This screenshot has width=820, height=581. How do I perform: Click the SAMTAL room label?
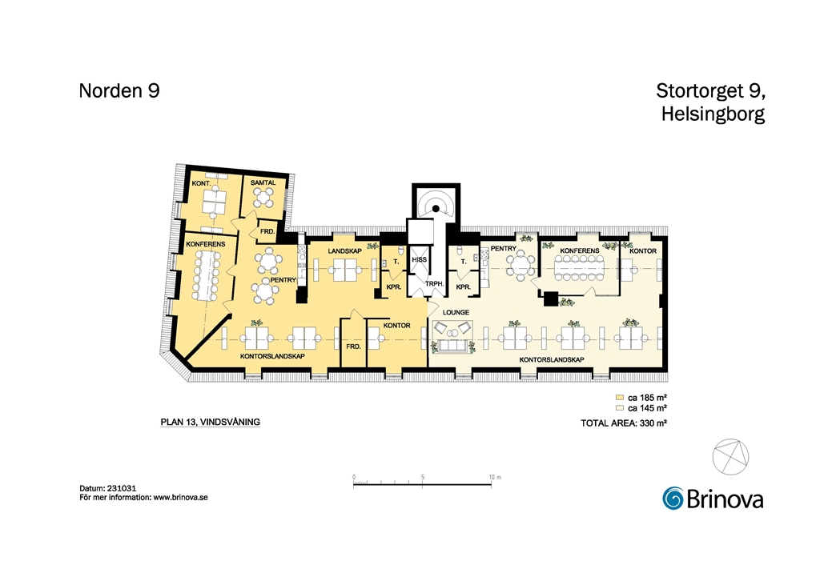(x=263, y=183)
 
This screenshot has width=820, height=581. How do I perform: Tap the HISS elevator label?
(x=420, y=259)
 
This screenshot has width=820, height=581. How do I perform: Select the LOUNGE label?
(x=456, y=312)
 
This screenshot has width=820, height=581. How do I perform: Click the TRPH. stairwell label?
(x=435, y=284)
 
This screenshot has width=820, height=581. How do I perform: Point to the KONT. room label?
(x=201, y=183)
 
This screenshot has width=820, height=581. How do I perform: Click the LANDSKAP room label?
(x=344, y=251)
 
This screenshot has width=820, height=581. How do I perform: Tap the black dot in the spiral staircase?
(x=436, y=209)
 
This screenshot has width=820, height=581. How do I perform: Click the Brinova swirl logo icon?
(x=673, y=498)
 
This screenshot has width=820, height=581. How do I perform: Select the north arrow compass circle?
(x=730, y=457)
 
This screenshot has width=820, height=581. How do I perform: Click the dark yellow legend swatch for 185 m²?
(x=620, y=398)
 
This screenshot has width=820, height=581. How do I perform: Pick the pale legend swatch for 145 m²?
(x=620, y=408)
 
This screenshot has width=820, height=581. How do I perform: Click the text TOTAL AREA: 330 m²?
(x=624, y=423)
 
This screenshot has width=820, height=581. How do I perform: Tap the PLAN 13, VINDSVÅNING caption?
(x=211, y=423)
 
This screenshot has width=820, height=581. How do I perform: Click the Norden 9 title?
(x=119, y=91)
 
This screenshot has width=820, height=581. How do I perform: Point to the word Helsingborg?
(x=713, y=114)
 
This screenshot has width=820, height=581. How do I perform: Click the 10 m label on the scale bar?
(x=495, y=477)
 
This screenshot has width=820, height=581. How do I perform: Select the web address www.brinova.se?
(x=180, y=498)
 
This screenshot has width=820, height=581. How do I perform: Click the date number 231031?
(x=122, y=488)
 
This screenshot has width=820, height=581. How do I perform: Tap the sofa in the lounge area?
(x=453, y=346)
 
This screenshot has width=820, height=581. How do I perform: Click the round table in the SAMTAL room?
(x=263, y=198)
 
